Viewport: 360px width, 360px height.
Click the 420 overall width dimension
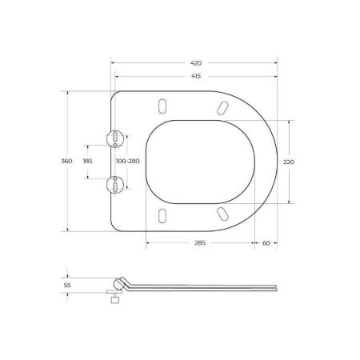coord(195,62)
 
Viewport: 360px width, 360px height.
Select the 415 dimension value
coord(195,76)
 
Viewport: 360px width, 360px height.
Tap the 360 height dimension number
coord(67,162)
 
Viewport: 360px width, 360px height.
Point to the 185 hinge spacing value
coord(88,162)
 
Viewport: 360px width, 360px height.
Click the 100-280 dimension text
coord(127,162)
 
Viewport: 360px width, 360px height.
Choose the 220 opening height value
coord(290,162)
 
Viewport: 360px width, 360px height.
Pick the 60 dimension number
coord(265,245)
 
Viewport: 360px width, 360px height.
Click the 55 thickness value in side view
coord(67,284)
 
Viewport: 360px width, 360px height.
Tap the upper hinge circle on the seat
coord(118,138)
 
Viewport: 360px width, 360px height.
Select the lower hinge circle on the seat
coord(118,186)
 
